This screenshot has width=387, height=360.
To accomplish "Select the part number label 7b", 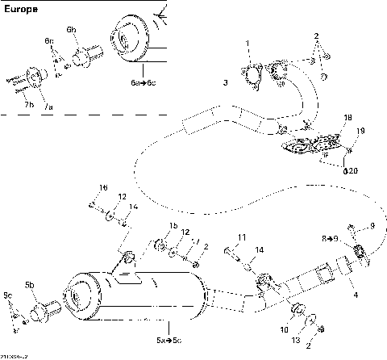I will (28, 105).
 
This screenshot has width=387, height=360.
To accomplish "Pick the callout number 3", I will (225, 83).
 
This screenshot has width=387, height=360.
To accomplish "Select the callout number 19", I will (360, 131).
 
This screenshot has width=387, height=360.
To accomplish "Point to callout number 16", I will (102, 188).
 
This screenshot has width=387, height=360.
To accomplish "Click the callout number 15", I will (173, 224).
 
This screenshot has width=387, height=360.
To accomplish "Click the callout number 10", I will (284, 330).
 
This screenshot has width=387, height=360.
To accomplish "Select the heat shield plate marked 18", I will (308, 146).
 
